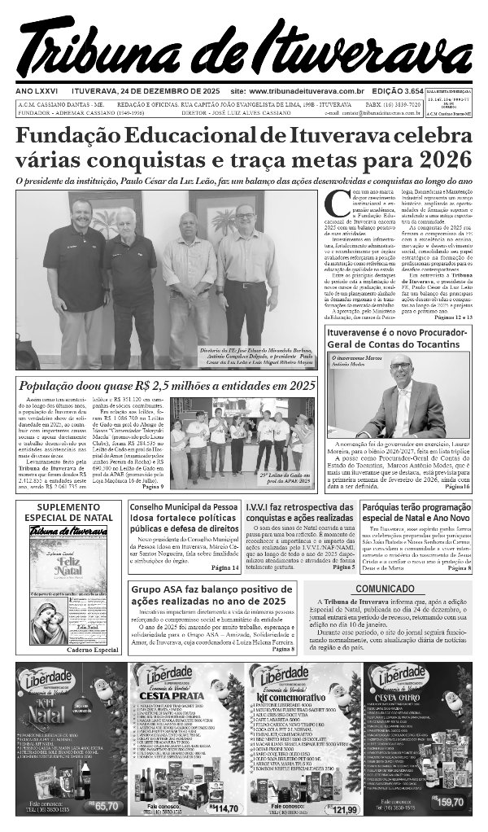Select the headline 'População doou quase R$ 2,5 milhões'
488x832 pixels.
167,386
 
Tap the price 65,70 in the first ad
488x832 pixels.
107,806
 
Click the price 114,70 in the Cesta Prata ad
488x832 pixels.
224,808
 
